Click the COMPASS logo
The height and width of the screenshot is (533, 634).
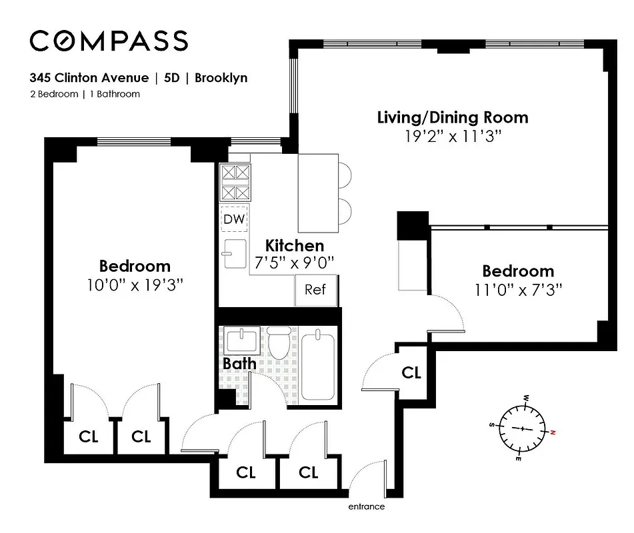(x=109, y=41)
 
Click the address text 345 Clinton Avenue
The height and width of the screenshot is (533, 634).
(x=89, y=78)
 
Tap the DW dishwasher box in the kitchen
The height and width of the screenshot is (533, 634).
(x=234, y=219)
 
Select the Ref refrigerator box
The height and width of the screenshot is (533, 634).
(x=315, y=290)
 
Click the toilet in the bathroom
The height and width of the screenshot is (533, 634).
(x=279, y=342)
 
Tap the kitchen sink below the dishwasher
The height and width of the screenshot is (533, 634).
(x=235, y=253)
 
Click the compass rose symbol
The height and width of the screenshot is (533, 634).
(x=523, y=428)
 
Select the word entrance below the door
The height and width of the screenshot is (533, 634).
(x=366, y=506)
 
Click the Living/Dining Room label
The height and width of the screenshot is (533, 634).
(x=453, y=118)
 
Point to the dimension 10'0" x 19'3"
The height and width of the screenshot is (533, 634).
(x=135, y=284)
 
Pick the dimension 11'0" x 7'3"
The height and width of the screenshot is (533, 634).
(x=518, y=290)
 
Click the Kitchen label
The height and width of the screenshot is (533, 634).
(x=295, y=245)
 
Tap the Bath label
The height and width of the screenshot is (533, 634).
(x=239, y=364)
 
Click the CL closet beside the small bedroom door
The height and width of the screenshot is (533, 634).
(x=411, y=372)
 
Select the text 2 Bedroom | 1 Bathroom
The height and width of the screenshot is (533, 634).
(x=85, y=94)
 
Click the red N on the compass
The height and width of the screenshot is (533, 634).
(x=552, y=433)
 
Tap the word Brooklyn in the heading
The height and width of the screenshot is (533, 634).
(x=221, y=78)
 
